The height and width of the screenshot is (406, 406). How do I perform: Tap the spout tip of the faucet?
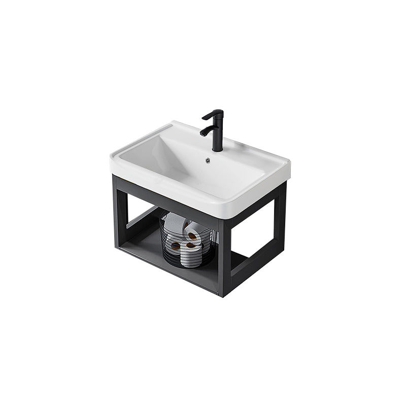(x=203, y=134)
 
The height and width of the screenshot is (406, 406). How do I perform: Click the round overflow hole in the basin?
(x=208, y=161)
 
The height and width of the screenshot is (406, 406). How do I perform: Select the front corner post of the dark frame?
(x=225, y=254)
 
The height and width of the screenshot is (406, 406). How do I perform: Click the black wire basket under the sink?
(x=188, y=244)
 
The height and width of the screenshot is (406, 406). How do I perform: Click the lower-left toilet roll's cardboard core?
(x=176, y=246)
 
